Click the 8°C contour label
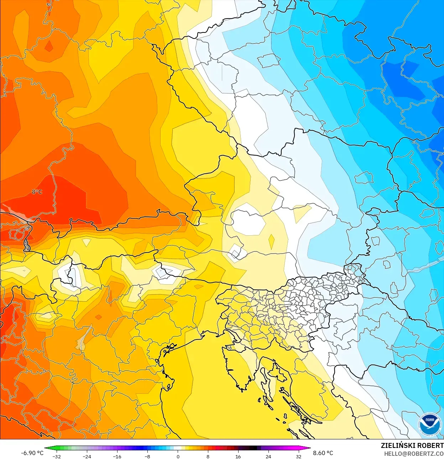37,192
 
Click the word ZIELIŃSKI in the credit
397,445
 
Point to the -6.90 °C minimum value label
32,453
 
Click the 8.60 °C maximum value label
323,453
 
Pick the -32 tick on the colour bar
56,456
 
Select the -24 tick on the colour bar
87,456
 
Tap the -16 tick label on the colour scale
117,456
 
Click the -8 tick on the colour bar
147,456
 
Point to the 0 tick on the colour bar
178,456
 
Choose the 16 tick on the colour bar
238,456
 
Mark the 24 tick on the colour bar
268,456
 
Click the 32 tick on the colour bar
298,456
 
